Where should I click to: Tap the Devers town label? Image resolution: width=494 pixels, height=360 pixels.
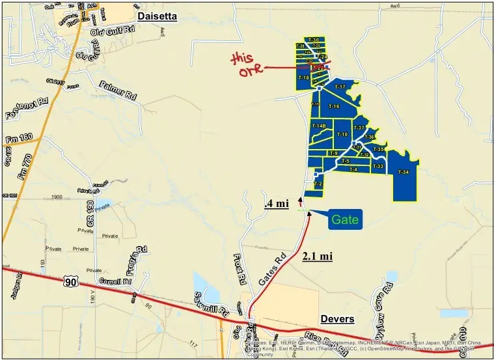click(337, 319)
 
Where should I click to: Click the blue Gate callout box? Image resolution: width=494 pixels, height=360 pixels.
click(344, 219)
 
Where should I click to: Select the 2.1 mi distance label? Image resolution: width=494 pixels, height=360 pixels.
click(318, 256)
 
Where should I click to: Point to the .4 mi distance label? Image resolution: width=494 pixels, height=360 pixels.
click(276, 203)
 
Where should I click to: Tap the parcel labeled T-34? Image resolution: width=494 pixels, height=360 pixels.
click(403, 173)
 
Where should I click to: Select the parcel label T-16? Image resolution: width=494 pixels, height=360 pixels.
click(334, 106)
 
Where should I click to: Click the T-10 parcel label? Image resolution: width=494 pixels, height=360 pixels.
click(342, 135)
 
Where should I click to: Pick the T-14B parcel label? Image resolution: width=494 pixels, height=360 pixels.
click(318, 126)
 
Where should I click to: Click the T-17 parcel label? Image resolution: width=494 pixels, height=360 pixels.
click(339, 87)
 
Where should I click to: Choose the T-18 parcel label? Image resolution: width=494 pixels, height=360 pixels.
click(303, 77)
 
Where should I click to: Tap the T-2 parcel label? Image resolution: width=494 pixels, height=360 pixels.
click(318, 184)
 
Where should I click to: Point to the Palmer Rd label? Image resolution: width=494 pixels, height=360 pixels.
click(118, 90)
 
